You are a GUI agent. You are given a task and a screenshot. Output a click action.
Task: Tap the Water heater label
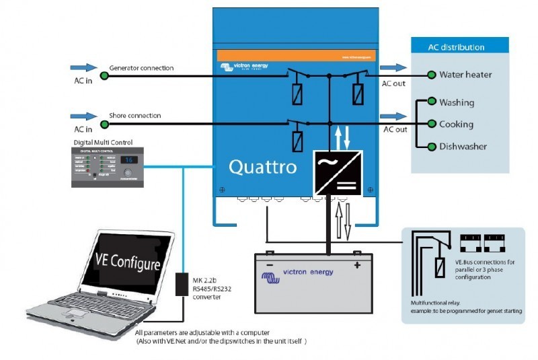point(465,75)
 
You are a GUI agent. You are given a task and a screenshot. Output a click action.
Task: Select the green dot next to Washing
point(431,102)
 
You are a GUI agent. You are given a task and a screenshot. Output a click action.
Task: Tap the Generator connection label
point(141,68)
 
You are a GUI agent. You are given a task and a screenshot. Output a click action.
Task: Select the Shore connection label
point(134,116)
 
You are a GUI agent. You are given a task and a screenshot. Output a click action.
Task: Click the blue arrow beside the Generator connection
point(83,67)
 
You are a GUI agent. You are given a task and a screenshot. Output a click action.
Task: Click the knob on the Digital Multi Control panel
point(127,172)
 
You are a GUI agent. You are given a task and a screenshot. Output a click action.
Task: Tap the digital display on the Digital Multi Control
point(128,159)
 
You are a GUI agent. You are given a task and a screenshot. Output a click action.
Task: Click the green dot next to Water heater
point(431,75)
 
